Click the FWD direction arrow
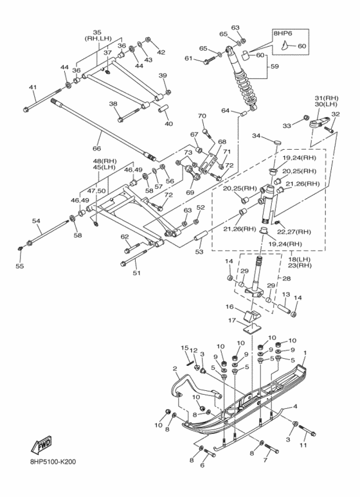tap(41, 444)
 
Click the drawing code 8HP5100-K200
tap(53, 462)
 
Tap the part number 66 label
tap(96, 149)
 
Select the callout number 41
tap(33, 87)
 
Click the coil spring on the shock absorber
tap(245, 88)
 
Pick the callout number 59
tap(274, 67)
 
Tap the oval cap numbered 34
tap(276, 141)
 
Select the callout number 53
tap(199, 251)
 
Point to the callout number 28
tap(287, 278)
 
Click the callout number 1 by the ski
tap(305, 352)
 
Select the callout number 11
tap(303, 445)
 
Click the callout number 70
tap(202, 116)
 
